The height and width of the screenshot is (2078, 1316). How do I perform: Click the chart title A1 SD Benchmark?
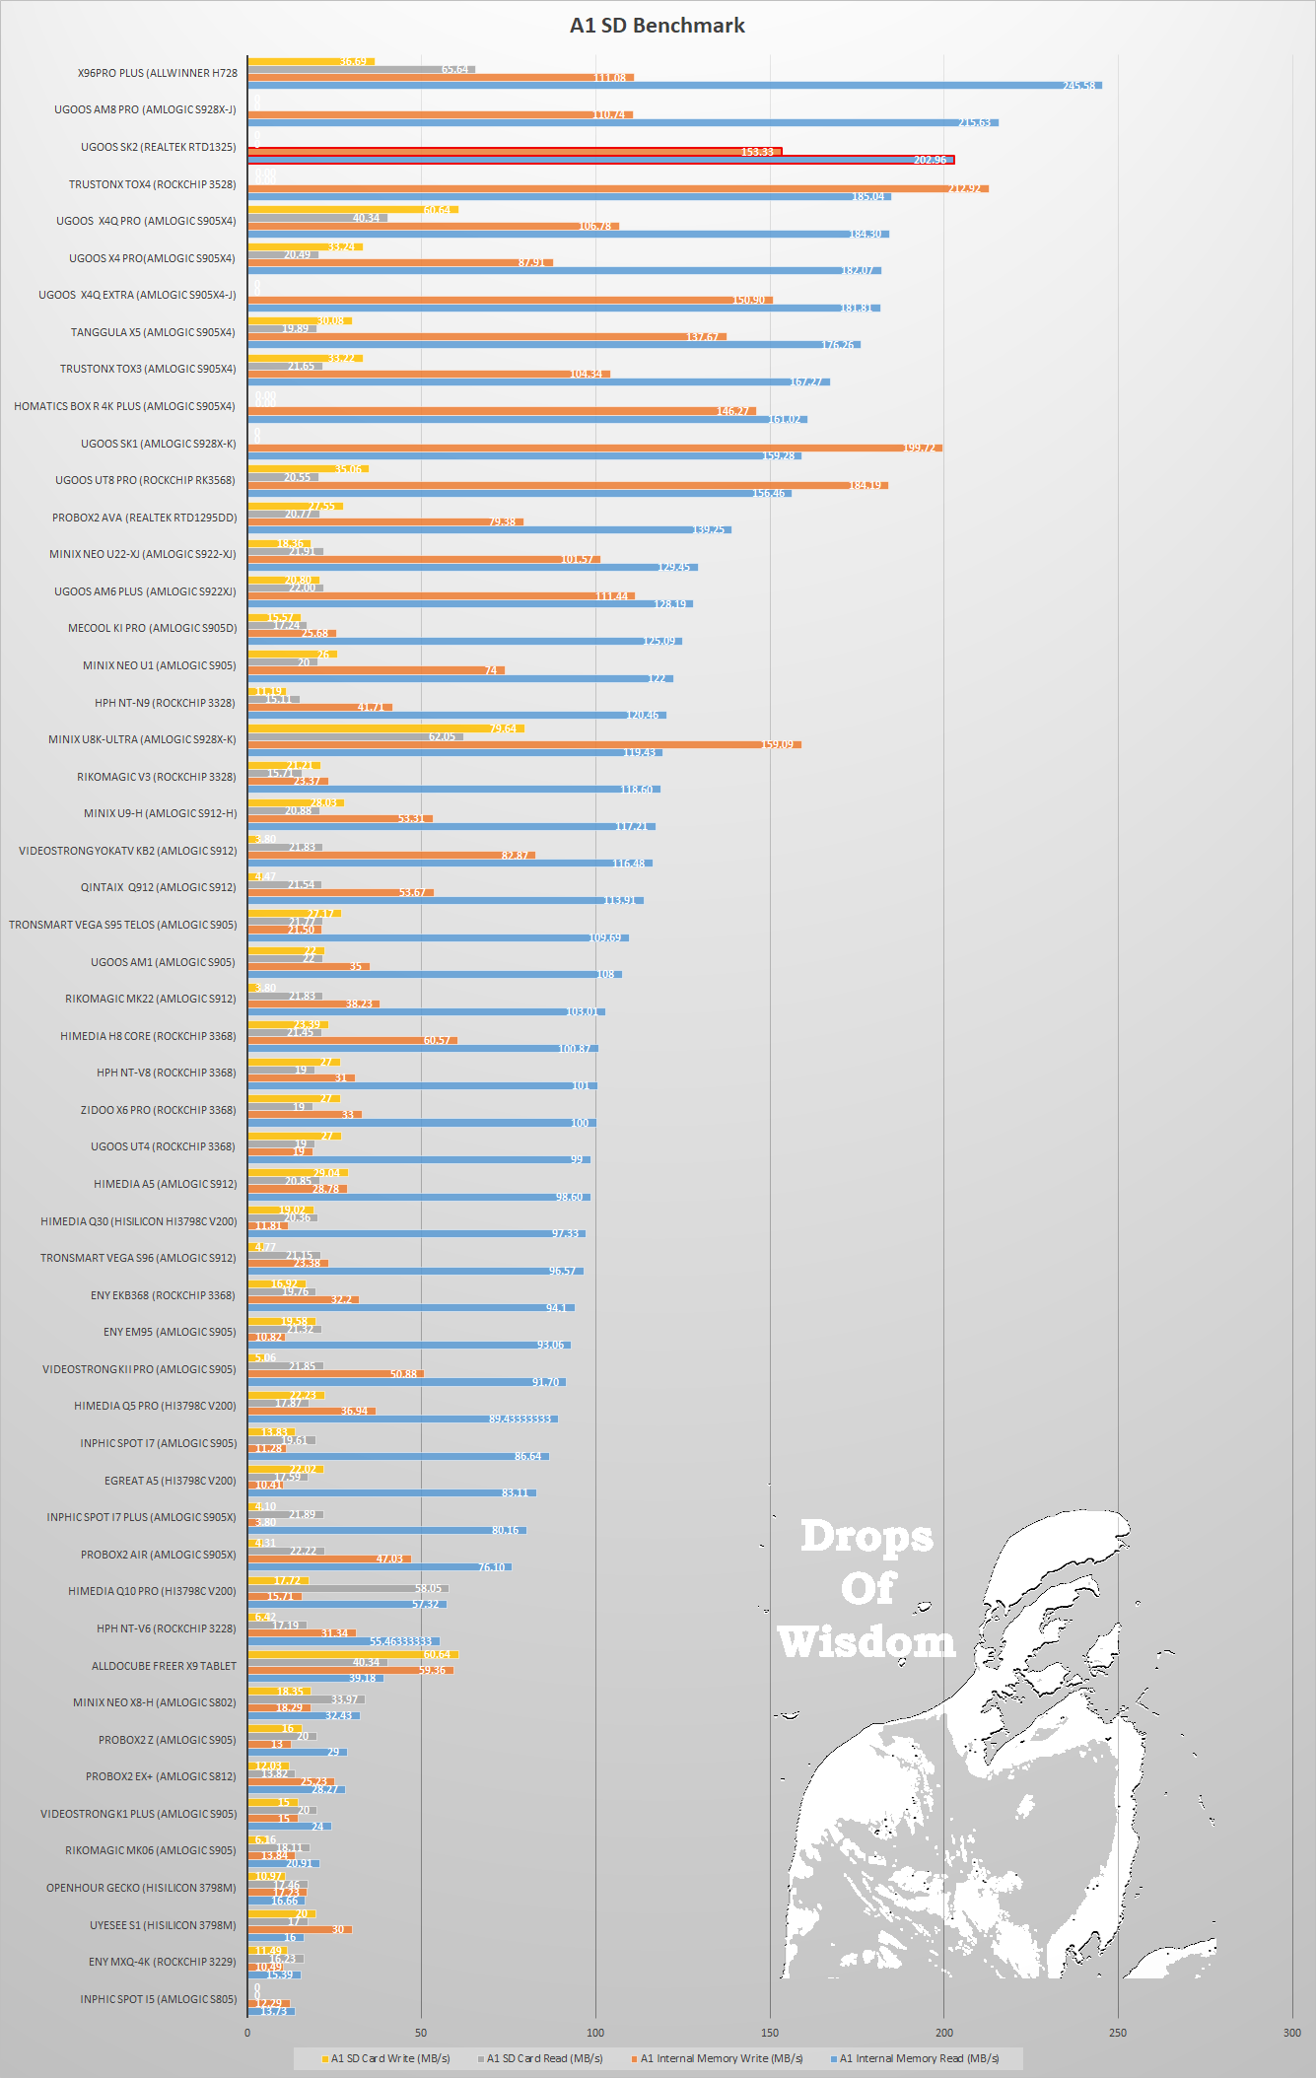[x=658, y=26]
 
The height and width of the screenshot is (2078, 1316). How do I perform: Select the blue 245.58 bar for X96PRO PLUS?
[x=674, y=86]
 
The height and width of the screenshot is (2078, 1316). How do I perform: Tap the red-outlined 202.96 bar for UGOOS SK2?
[x=601, y=160]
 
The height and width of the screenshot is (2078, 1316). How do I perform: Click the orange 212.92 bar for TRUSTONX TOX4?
[x=617, y=188]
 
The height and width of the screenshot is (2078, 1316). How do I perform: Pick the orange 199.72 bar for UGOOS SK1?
[x=594, y=448]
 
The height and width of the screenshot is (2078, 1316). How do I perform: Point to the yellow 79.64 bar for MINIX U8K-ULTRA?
[x=385, y=728]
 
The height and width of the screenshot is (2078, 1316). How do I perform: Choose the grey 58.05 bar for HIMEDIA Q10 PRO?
[x=348, y=1588]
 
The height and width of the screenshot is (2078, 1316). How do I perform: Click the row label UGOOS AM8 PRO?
[x=145, y=109]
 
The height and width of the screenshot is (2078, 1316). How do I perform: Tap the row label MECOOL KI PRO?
[x=152, y=628]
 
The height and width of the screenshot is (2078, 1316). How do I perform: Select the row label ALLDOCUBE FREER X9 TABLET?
[x=164, y=1666]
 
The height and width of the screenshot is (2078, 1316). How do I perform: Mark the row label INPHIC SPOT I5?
[x=158, y=1999]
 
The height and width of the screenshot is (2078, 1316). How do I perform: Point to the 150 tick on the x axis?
[x=770, y=2033]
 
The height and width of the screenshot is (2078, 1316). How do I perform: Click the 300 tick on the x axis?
[x=1291, y=2033]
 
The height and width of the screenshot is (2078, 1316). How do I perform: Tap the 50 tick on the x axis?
[x=421, y=2033]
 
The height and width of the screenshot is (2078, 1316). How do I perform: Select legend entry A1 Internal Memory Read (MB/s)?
[x=918, y=2058]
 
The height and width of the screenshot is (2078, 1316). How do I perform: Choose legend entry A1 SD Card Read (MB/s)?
[x=543, y=2058]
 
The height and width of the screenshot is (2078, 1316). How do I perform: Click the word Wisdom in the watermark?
[x=866, y=1642]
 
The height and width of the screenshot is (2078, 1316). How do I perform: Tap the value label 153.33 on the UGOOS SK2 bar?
[x=757, y=152]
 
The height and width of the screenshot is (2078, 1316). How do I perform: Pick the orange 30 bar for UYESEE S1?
[x=300, y=1929]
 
